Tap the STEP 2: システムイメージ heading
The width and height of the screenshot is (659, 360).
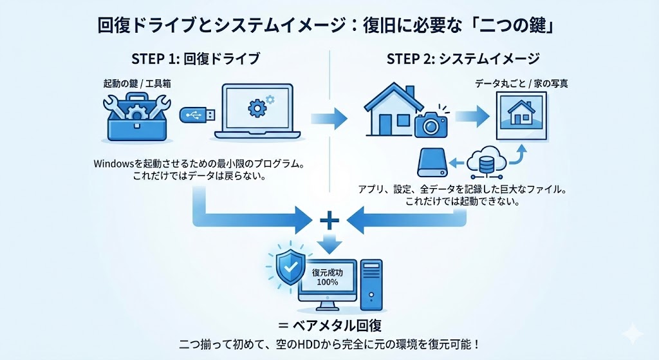pos(463,59)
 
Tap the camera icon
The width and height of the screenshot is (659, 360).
pos(431,122)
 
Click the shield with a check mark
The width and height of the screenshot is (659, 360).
pos(285,266)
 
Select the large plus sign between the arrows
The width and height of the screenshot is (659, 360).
pos(329,221)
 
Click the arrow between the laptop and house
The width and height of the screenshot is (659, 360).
pos(328,118)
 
